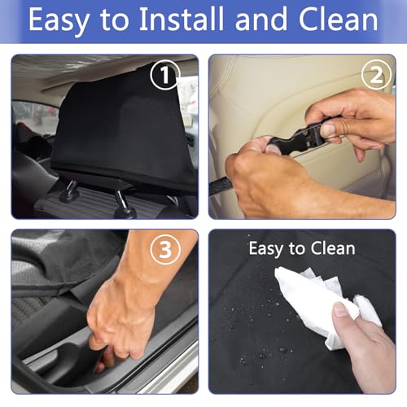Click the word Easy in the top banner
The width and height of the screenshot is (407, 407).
(x=59, y=20)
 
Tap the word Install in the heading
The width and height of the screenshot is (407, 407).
(x=182, y=19)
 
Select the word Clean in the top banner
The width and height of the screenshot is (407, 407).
(x=339, y=19)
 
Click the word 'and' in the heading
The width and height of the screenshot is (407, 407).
(x=261, y=19)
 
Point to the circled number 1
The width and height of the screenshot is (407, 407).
(x=165, y=74)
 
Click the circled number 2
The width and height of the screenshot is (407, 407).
(x=376, y=74)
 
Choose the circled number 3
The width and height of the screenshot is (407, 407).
(x=165, y=249)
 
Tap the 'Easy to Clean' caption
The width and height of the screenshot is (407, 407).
(x=302, y=248)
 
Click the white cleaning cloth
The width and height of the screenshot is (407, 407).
(x=326, y=304)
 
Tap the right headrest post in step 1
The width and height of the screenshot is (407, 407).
(x=122, y=203)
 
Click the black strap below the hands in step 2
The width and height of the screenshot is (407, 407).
(x=221, y=186)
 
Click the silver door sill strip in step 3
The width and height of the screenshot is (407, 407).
(x=168, y=369)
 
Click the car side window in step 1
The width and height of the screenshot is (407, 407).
(x=36, y=116)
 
